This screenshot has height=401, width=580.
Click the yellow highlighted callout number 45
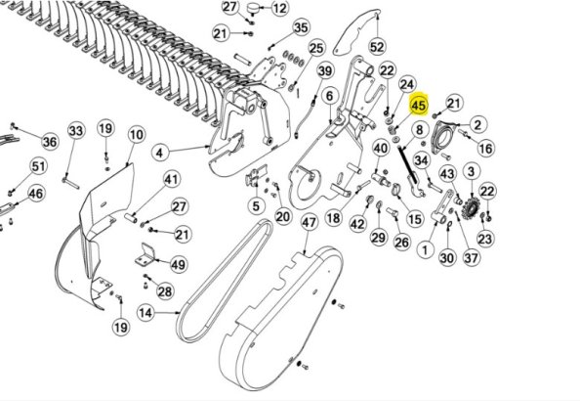click(418, 105)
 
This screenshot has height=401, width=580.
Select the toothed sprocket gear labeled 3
click(472, 208)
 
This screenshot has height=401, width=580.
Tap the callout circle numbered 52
click(377, 47)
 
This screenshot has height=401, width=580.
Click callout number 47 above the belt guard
click(310, 222)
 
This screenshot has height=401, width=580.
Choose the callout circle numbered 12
click(280, 8)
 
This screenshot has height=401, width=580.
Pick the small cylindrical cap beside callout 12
click(253, 8)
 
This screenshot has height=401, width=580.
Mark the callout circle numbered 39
click(325, 70)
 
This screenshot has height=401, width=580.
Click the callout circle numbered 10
click(137, 135)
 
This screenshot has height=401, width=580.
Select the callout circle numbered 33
click(76, 131)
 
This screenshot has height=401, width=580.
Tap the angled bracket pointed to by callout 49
click(145, 255)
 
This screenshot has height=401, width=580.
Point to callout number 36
click(50, 141)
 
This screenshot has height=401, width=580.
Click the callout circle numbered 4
click(160, 153)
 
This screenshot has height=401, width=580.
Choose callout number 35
click(301, 27)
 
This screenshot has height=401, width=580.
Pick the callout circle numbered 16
click(485, 149)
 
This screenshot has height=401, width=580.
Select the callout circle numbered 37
click(471, 257)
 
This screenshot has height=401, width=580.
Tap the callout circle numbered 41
click(171, 179)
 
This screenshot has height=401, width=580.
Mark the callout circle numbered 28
click(165, 291)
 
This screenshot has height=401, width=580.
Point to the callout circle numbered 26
click(402, 243)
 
